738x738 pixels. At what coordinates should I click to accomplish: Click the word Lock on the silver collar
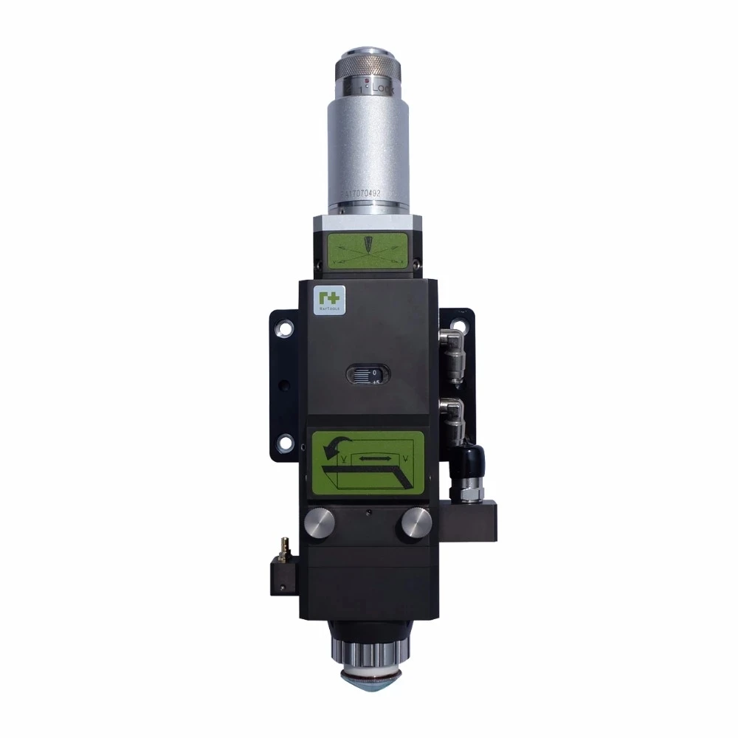point(384,86)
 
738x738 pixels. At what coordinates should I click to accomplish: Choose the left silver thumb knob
point(319,523)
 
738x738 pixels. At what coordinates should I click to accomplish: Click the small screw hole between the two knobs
point(368,511)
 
